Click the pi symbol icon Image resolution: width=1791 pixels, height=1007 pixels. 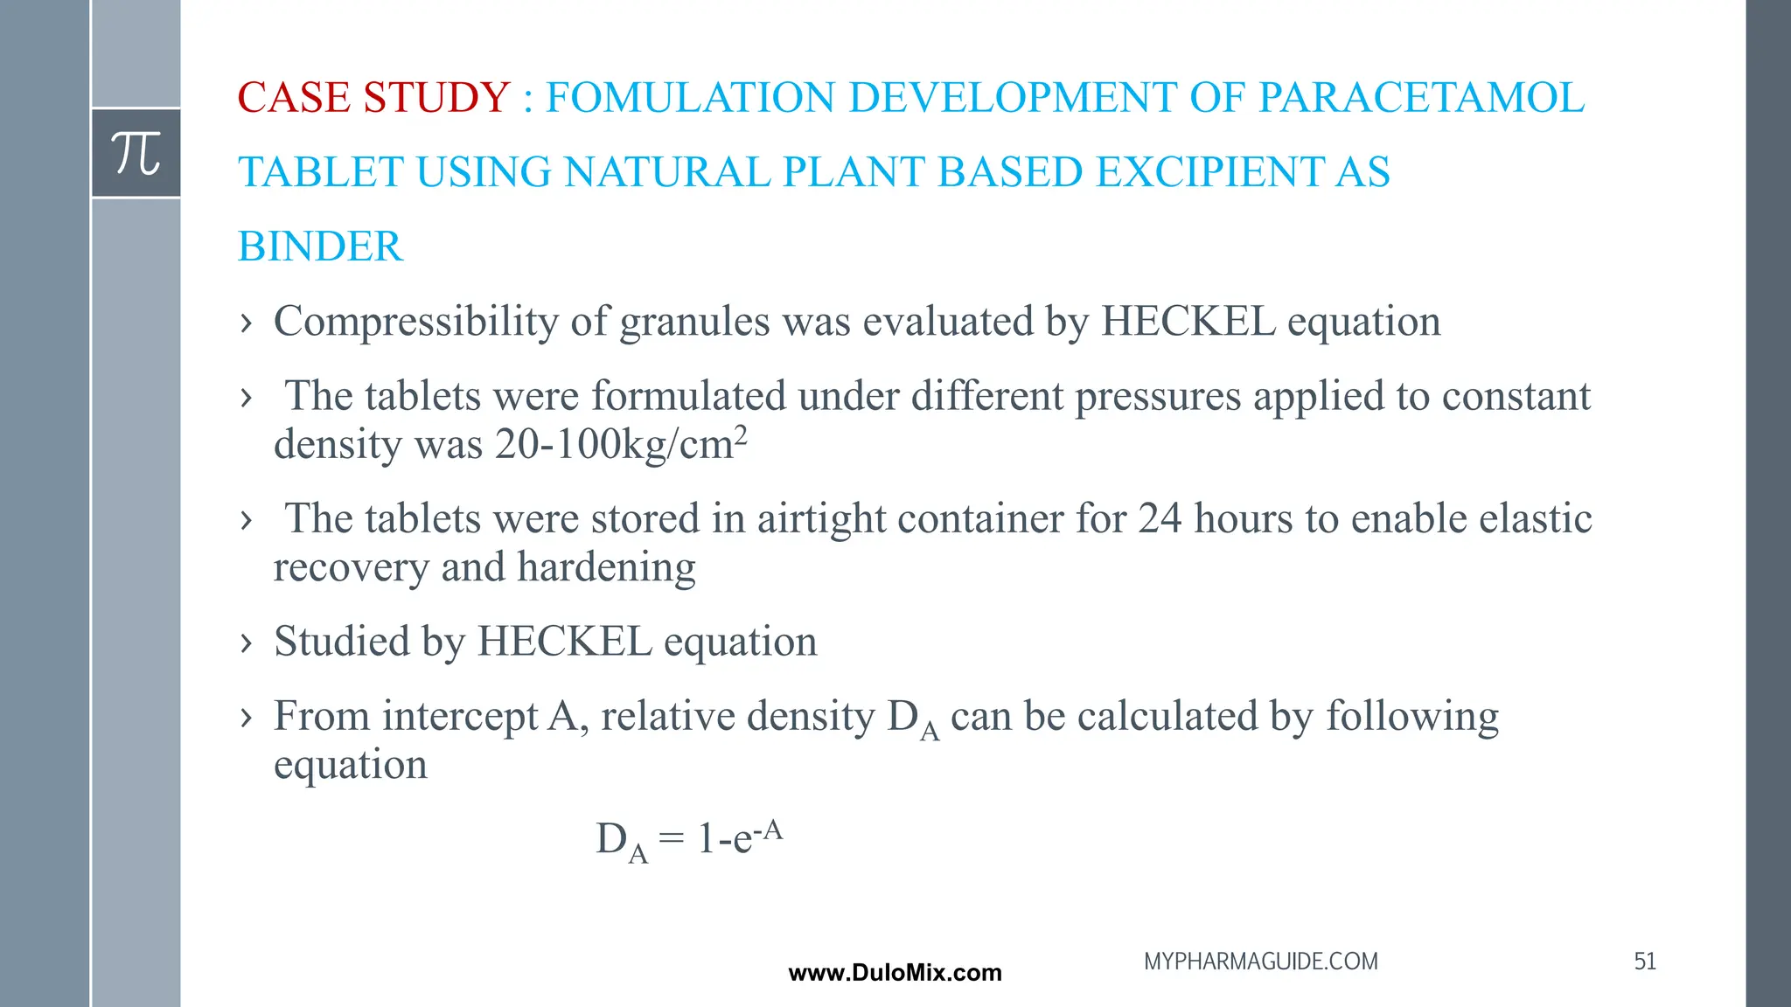click(x=136, y=153)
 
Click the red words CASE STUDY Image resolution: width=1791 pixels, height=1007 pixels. click(x=373, y=97)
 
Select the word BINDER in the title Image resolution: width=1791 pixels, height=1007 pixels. click(x=320, y=247)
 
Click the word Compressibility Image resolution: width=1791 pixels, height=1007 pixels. click(x=415, y=322)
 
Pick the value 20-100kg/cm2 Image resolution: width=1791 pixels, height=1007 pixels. click(x=620, y=444)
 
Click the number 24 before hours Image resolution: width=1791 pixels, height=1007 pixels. click(x=1160, y=518)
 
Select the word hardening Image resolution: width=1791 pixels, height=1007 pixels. click(x=606, y=567)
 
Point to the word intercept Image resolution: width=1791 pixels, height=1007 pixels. click(x=460, y=717)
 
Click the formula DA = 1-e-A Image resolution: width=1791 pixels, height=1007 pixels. click(x=689, y=839)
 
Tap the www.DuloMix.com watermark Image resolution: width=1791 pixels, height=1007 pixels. click(x=895, y=973)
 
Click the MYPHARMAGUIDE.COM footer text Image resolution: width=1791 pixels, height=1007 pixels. click(x=1260, y=962)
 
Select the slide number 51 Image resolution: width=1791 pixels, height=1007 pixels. click(x=1645, y=962)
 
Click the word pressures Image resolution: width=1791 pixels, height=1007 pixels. click(x=1158, y=396)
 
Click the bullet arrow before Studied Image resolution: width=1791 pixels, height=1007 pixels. click(x=247, y=643)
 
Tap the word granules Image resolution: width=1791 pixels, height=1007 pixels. click(x=694, y=322)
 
